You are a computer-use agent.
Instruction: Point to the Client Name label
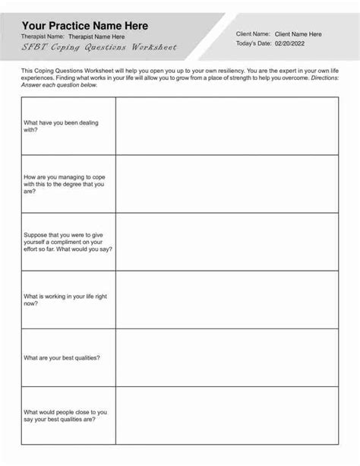[253, 34]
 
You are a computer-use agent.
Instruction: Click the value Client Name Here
[298, 34]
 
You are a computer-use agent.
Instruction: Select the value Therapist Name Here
[96, 36]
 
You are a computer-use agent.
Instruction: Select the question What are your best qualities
[62, 357]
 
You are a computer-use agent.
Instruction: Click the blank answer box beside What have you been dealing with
[227, 126]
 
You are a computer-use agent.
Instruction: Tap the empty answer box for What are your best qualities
[227, 357]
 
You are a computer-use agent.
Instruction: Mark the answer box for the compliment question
[227, 242]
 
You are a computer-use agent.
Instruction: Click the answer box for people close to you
[227, 415]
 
